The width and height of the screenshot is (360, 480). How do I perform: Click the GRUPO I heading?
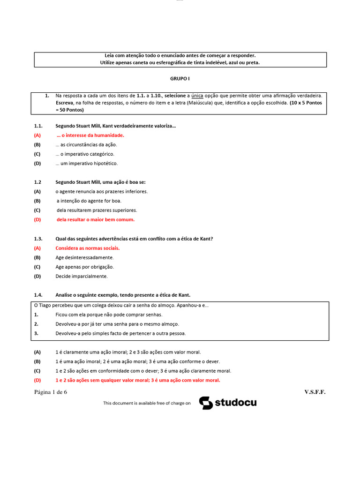point(180,79)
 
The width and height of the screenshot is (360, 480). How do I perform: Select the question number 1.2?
point(38,182)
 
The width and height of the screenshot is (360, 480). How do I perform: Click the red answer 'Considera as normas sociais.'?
point(87,248)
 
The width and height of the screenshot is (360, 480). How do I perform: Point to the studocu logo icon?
point(206,403)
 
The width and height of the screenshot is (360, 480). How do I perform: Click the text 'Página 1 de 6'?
point(51,392)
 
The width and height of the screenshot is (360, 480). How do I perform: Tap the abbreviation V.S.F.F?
point(315,392)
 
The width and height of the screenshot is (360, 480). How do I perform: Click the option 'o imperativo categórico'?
point(84,154)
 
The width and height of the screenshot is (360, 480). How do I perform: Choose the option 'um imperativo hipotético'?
point(86,163)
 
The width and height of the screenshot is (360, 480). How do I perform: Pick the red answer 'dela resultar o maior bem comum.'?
point(95,219)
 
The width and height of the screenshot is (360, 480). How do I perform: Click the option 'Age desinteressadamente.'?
point(84,257)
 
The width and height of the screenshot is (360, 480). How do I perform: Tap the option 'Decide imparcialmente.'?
point(82,276)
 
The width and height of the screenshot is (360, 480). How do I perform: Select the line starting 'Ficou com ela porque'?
point(109,315)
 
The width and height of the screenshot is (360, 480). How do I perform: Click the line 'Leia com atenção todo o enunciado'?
point(180,56)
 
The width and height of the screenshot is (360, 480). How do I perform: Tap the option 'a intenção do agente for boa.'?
point(89,201)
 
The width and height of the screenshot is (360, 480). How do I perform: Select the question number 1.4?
point(38,295)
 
